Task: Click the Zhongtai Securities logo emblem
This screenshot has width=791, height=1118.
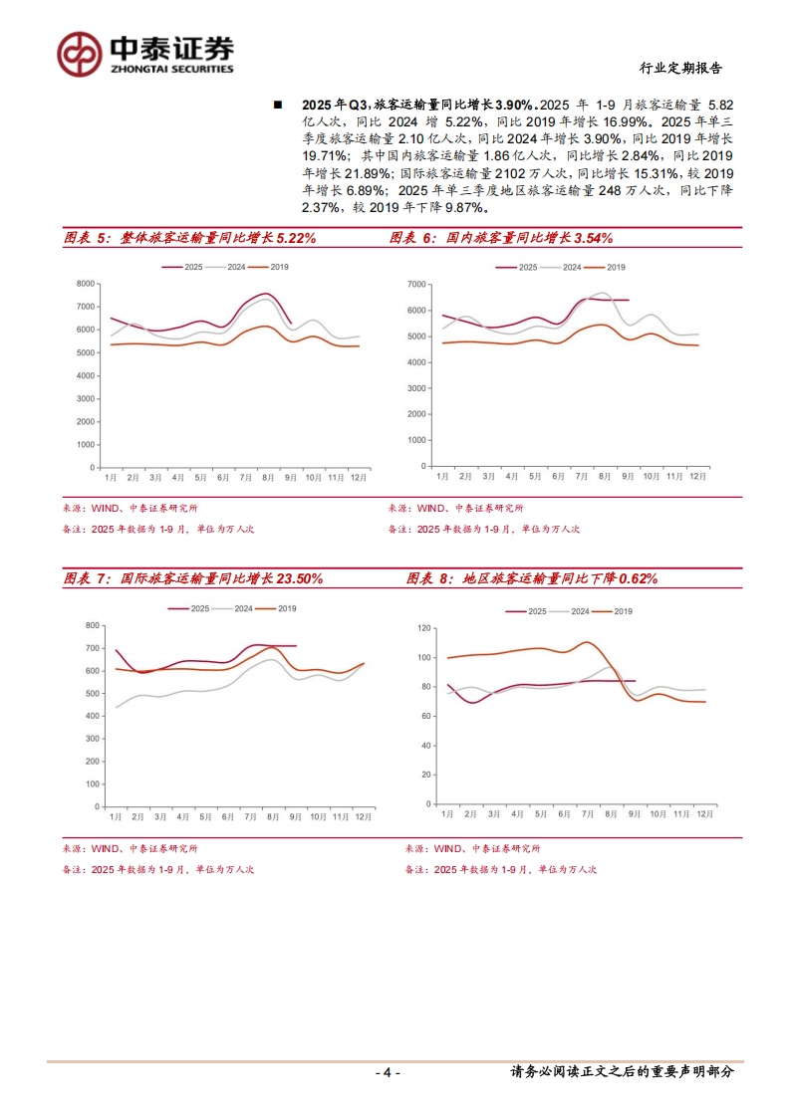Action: pos(78,54)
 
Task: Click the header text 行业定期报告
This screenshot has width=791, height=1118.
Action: pos(679,69)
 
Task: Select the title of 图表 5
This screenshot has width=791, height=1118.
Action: pos(189,238)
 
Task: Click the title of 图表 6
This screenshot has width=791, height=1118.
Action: pos(500,238)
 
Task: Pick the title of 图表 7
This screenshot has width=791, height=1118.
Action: pos(192,577)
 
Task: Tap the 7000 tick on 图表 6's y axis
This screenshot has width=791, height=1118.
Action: pos(416,285)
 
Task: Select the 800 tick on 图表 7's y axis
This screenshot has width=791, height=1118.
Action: pos(93,625)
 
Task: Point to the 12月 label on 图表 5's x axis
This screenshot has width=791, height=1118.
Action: pos(356,477)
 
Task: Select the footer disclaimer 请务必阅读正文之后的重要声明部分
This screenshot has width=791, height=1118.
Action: pos(622,1072)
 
